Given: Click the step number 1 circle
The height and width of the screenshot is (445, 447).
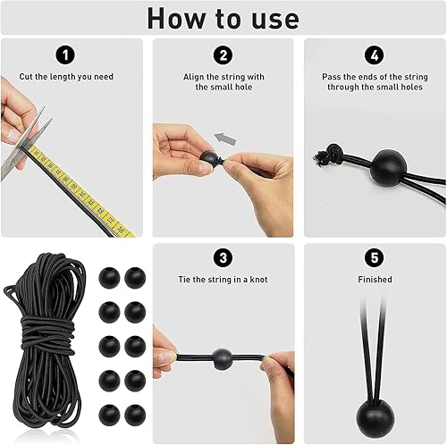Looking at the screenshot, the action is (x=65, y=55).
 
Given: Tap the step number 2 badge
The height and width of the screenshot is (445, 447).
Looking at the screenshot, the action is (x=223, y=55).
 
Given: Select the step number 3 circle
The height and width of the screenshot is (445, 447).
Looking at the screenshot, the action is (x=223, y=257).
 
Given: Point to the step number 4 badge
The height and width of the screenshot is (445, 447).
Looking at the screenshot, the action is (x=375, y=55).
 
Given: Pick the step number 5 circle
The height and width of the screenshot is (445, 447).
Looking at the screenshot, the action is (x=375, y=257).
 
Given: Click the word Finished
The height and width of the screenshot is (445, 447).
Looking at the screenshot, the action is (x=375, y=280).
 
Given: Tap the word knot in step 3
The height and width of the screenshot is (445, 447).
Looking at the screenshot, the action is (x=258, y=280).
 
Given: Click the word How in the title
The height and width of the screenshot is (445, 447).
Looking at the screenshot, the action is (x=176, y=19).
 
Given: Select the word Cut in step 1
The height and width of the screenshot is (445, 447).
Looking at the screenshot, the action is (x=26, y=77).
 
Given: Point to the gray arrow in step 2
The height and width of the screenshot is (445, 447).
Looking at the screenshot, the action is (x=225, y=139).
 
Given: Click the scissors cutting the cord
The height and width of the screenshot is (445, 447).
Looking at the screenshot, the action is (x=25, y=144).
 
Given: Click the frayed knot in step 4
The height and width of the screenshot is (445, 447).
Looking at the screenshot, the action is (x=327, y=154).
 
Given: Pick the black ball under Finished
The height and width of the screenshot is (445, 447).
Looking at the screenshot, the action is (x=375, y=418).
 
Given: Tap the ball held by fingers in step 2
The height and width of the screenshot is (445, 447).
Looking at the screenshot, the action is (x=208, y=158).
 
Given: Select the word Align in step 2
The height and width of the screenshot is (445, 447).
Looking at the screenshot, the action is (x=194, y=77).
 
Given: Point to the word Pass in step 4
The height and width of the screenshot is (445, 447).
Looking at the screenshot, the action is (x=332, y=77).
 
